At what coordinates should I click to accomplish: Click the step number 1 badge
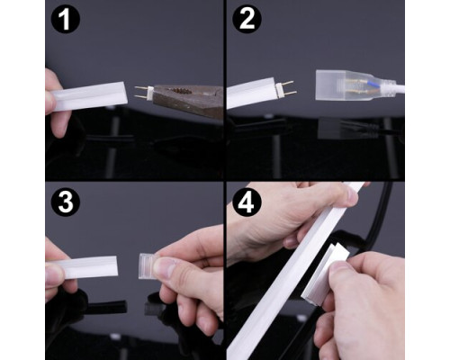66,19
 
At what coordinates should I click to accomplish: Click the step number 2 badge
247,19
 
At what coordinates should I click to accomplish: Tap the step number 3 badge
66,202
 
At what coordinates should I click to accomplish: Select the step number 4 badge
246,202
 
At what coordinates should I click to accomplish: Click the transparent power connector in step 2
354,85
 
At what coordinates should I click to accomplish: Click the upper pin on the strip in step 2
287,82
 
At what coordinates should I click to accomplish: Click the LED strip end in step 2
251,93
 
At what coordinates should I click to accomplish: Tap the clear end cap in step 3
148,266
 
